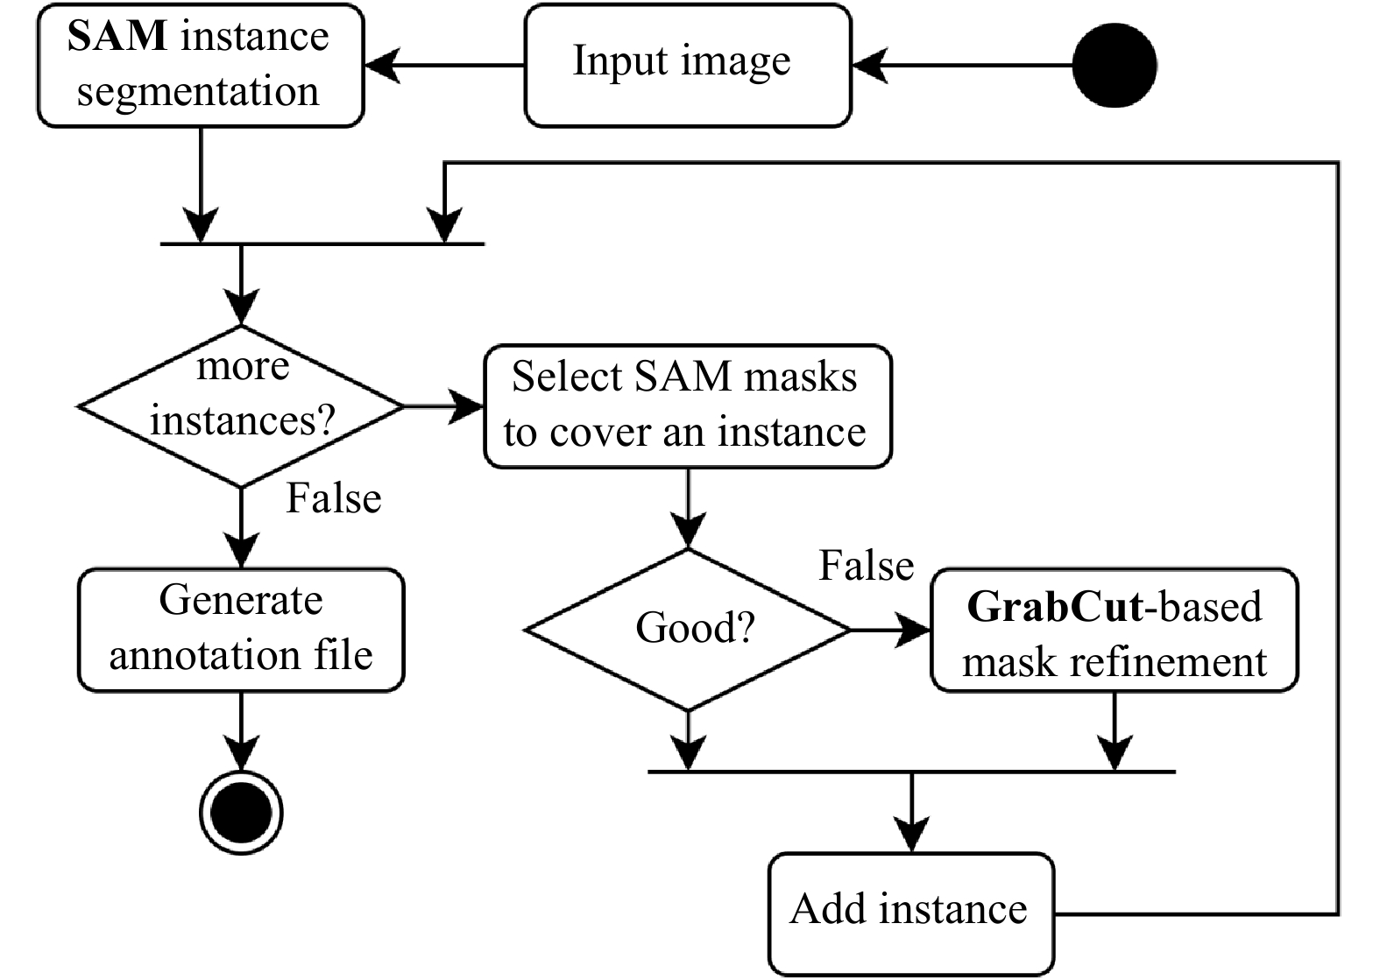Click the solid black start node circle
click(1115, 65)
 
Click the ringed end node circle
click(241, 813)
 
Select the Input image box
click(688, 65)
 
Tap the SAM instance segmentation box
click(200, 65)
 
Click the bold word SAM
click(117, 36)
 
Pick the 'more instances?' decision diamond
click(241, 406)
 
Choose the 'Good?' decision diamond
click(688, 629)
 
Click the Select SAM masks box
click(688, 405)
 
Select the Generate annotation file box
click(241, 629)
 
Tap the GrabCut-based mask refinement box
click(1114, 630)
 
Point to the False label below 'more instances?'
click(334, 498)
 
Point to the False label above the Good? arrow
click(866, 565)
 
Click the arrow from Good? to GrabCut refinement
click(890, 630)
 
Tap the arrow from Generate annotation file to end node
click(241, 730)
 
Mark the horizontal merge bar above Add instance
click(911, 772)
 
